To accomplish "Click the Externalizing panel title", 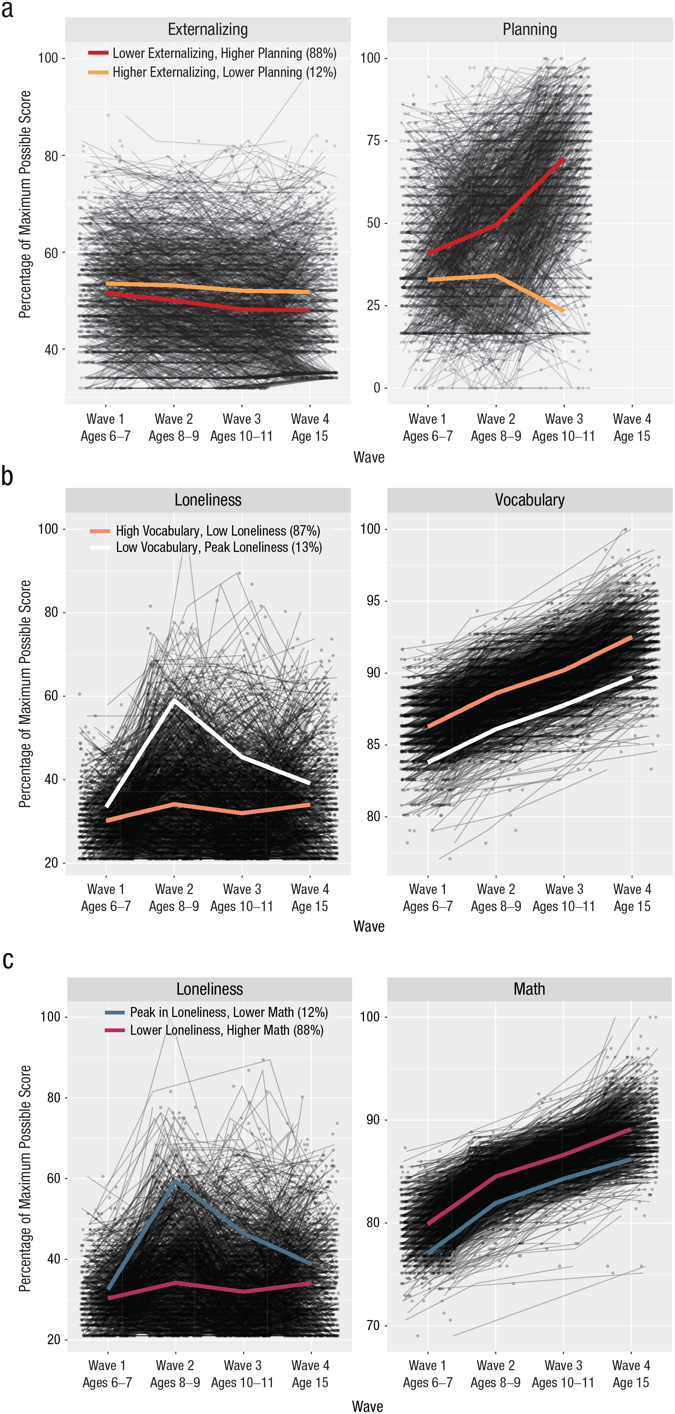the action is pos(208,30).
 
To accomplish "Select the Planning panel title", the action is pos(529,30).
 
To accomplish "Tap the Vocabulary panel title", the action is pos(529,500).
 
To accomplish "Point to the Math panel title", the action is pos(529,989).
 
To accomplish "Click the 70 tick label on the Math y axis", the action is pos(373,1326).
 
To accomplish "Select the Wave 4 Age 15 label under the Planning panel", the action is pos(632,428).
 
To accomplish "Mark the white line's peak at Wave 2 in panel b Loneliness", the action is pos(175,701).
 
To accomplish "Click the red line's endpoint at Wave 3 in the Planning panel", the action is pos(564,159).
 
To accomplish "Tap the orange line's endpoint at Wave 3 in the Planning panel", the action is pos(564,311).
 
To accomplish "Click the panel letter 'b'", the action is pos(7,475).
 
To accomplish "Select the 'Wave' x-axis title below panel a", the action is pos(369,457).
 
